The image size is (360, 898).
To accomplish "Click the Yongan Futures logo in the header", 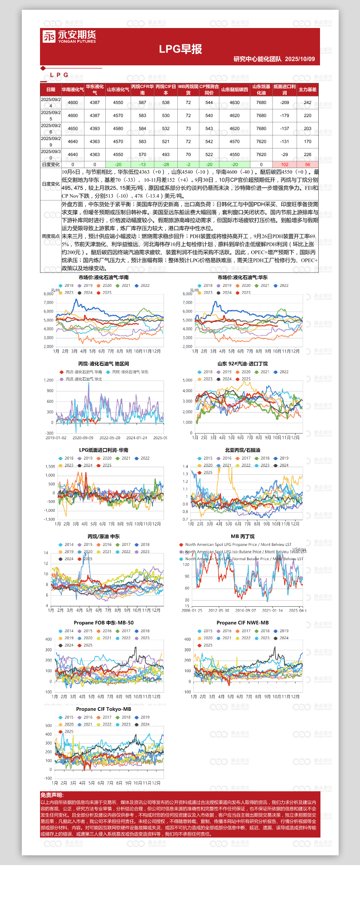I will click(x=69, y=36).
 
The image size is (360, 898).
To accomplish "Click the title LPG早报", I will click(x=180, y=49).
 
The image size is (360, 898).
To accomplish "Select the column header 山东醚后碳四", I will click(x=234, y=90).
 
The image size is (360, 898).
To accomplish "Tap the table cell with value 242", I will click(x=308, y=103).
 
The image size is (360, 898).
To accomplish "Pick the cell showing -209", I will click(x=284, y=103).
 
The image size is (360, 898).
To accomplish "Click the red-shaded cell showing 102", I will click(x=284, y=164).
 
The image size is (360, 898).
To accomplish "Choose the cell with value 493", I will click(x=166, y=155).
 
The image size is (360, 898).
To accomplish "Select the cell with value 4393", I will click(x=95, y=128).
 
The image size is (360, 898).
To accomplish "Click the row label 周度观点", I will click(x=51, y=236).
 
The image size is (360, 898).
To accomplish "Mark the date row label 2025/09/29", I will click(x=51, y=141).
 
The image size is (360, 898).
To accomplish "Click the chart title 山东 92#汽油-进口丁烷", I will click(x=242, y=364).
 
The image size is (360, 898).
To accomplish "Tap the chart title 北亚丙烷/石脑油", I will click(x=242, y=450).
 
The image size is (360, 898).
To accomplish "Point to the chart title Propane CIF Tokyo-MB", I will click(x=104, y=709).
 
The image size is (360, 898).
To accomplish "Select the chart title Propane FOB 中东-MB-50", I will click(x=104, y=623).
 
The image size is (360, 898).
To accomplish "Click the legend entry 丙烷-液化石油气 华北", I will click(x=84, y=379).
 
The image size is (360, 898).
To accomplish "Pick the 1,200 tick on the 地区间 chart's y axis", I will click(x=48, y=380).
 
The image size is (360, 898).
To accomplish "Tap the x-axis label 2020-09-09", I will click(x=83, y=438).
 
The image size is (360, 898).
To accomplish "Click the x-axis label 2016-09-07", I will click(x=245, y=610).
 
